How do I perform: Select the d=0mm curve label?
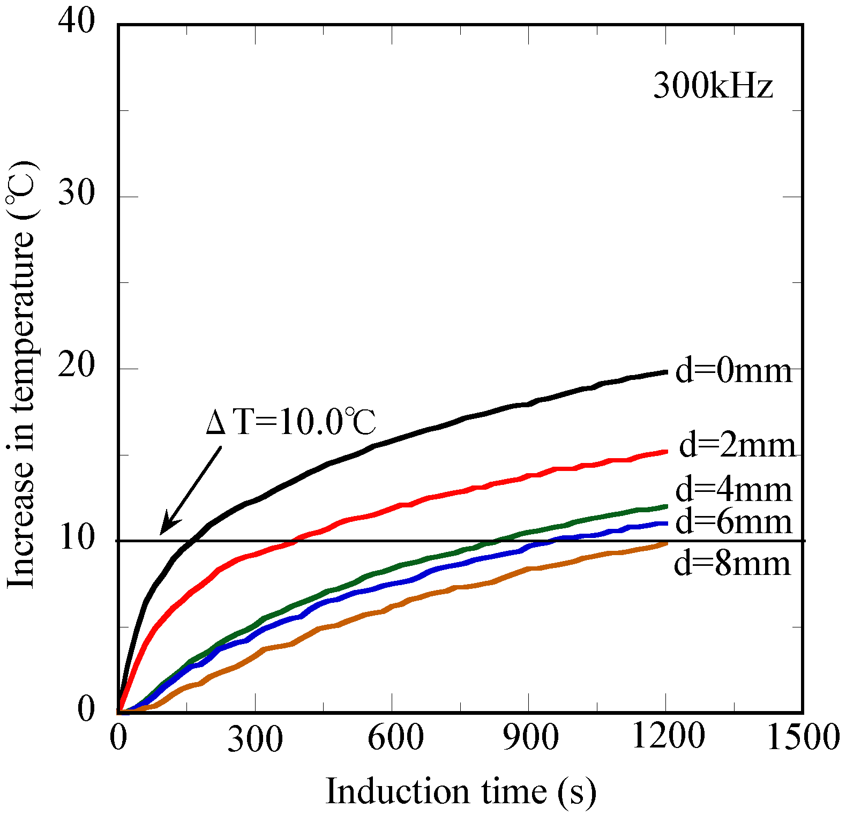click(x=733, y=371)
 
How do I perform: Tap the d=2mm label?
click(x=737, y=445)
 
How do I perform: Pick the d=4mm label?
click(x=733, y=490)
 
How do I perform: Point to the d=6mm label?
click(x=733, y=522)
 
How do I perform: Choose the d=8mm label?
click(x=732, y=564)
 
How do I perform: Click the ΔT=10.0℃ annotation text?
click(x=291, y=422)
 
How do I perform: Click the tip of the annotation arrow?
click(x=161, y=534)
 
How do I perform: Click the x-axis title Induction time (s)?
click(x=461, y=791)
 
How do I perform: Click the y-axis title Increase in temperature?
click(x=21, y=375)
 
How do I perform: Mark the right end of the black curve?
click(x=666, y=372)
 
